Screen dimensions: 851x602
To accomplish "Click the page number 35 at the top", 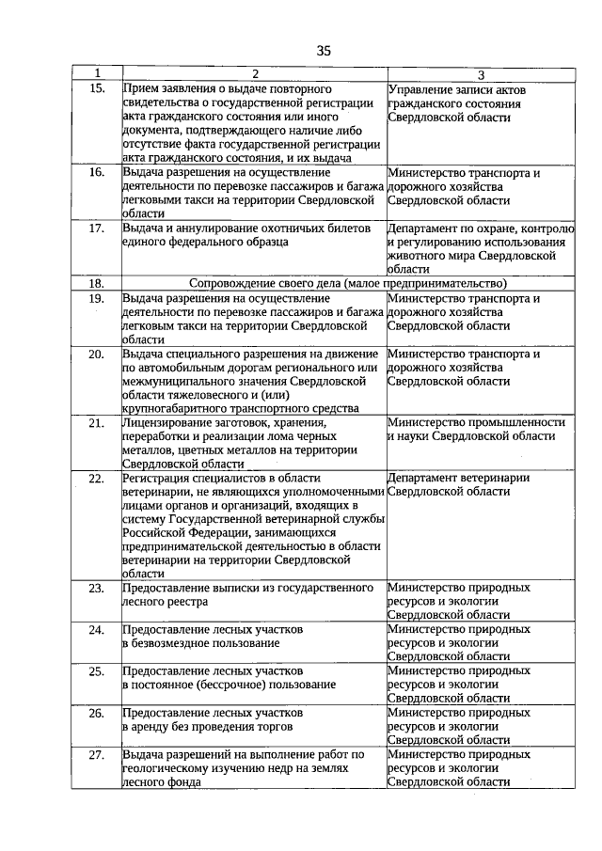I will (323, 51).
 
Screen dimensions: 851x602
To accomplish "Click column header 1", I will (96, 74).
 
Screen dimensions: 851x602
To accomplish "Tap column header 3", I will (481, 74).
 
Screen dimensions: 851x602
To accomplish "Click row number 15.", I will (96, 88).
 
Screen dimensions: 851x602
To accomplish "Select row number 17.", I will (96, 229).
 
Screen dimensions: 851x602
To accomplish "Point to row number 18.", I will (96, 283).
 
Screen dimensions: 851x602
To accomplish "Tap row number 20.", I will (96, 355).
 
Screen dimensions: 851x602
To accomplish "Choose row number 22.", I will (96, 479).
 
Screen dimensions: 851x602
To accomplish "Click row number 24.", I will (96, 629).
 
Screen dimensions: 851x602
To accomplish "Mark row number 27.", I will (96, 755).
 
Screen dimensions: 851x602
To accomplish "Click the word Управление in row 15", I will (420, 88).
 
